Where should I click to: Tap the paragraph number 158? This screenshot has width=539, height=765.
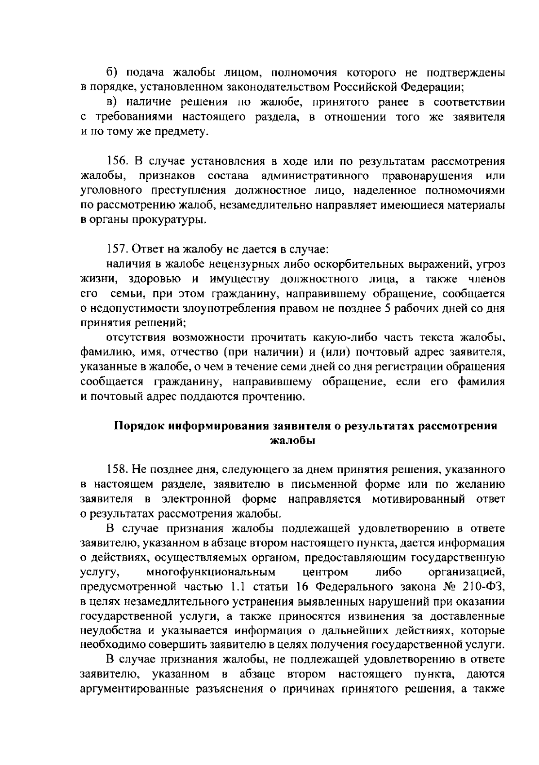(118, 470)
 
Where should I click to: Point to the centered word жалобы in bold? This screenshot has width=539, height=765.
(292, 441)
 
